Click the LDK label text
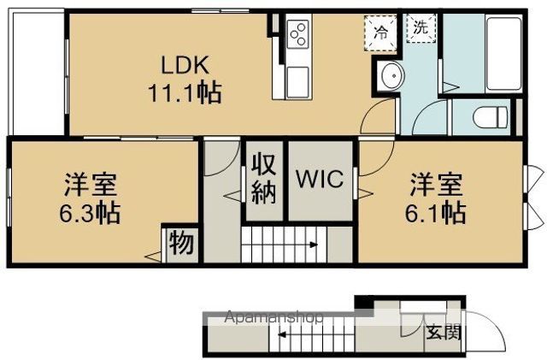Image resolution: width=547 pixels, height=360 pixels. click(181, 64)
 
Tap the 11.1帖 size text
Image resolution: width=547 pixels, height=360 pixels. click(183, 91)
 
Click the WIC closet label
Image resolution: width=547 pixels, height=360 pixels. click(320, 180)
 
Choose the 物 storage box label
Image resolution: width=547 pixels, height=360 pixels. click(180, 245)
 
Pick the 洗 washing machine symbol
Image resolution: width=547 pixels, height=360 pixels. click(420, 27)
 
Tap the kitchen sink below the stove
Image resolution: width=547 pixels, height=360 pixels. click(299, 83)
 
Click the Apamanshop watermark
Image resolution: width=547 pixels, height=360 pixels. click(273, 318)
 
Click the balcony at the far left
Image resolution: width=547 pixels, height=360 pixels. click(35, 73)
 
